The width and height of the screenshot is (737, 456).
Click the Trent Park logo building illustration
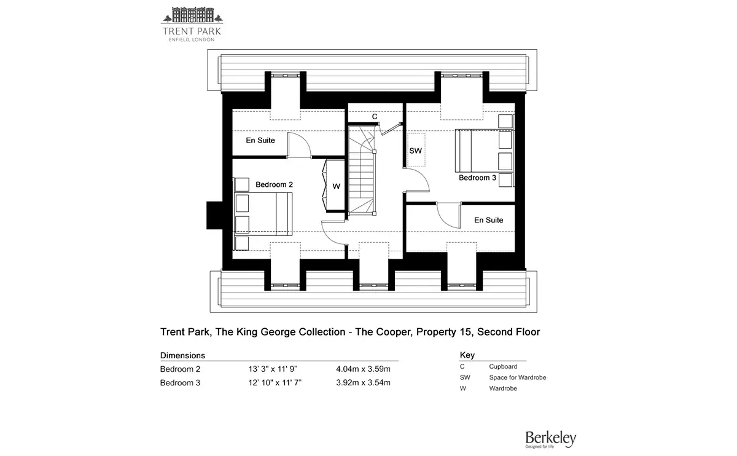click(x=192, y=15)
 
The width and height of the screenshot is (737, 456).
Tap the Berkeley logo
click(x=550, y=439)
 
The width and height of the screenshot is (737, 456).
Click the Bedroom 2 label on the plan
click(x=274, y=185)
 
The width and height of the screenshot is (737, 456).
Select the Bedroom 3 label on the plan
click(x=477, y=178)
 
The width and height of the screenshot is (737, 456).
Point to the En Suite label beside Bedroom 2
click(x=260, y=141)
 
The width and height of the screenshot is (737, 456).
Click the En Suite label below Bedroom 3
click(x=489, y=220)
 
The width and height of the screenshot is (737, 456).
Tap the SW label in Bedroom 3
click(x=415, y=151)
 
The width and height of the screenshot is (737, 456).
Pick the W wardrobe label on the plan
click(x=336, y=186)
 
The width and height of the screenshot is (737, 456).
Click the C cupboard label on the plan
click(x=375, y=117)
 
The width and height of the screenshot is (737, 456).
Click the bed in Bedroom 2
click(x=263, y=214)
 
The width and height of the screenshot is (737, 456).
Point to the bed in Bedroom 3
click(x=484, y=151)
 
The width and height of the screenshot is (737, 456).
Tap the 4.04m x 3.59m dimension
click(x=363, y=369)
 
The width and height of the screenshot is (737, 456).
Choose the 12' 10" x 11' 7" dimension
click(x=275, y=383)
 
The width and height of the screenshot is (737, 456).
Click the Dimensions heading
click(x=182, y=356)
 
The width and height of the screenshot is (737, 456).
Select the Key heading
click(x=467, y=355)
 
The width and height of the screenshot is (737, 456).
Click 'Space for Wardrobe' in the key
click(x=518, y=377)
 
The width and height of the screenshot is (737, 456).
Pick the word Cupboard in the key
click(x=503, y=366)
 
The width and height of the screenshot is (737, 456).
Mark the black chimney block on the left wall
click(x=214, y=215)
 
